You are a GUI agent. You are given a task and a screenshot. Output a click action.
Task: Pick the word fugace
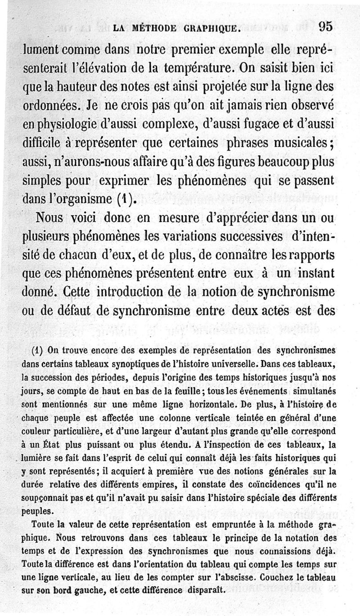click(x=245, y=127)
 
